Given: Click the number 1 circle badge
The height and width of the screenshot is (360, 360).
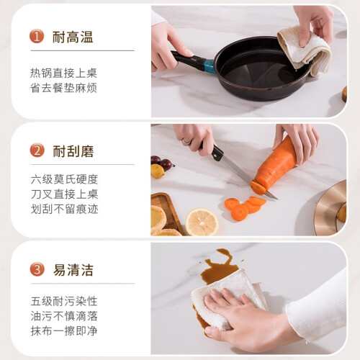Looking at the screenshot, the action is [37, 37].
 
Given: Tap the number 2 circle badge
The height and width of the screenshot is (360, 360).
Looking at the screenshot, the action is [37, 150].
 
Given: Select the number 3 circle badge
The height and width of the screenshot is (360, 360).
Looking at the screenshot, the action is [37, 269].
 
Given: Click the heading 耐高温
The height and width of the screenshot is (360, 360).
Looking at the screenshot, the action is [73, 37].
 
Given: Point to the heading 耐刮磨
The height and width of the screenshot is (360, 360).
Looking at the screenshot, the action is [73, 151].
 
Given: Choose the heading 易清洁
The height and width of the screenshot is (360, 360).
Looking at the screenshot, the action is [73, 270].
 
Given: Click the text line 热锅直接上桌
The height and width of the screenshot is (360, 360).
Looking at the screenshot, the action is [63, 73].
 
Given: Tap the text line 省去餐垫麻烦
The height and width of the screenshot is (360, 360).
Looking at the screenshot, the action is [63, 88].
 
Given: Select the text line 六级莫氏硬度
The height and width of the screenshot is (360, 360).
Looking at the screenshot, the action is [64, 179].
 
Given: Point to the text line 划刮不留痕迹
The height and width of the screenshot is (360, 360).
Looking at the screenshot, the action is [64, 209].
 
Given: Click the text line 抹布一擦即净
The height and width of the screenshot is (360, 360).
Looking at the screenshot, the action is [64, 330].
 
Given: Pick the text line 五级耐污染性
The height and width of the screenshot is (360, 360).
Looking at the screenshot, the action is [64, 301].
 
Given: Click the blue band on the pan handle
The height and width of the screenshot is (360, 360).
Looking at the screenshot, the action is [209, 66].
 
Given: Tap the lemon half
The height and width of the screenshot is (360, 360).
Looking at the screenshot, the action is [202, 222].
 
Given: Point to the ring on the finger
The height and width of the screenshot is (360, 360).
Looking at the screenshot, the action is [186, 141].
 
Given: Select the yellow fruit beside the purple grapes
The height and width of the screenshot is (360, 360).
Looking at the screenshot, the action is [158, 171].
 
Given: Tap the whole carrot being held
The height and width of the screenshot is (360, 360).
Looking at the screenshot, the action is [276, 163].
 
